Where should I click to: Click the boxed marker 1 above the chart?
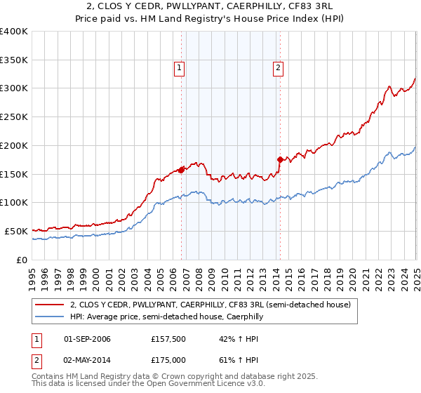coord(180,68)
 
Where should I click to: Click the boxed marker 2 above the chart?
coord(279,68)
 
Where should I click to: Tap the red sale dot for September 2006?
coord(182,169)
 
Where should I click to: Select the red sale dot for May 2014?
coord(280,159)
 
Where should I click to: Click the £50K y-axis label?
coord(16,231)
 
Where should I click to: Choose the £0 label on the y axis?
coord(22,260)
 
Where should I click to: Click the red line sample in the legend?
coord(49,305)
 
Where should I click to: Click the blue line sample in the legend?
coord(49,317)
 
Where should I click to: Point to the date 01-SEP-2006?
coord(87,339)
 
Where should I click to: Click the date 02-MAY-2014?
coord(87,360)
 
